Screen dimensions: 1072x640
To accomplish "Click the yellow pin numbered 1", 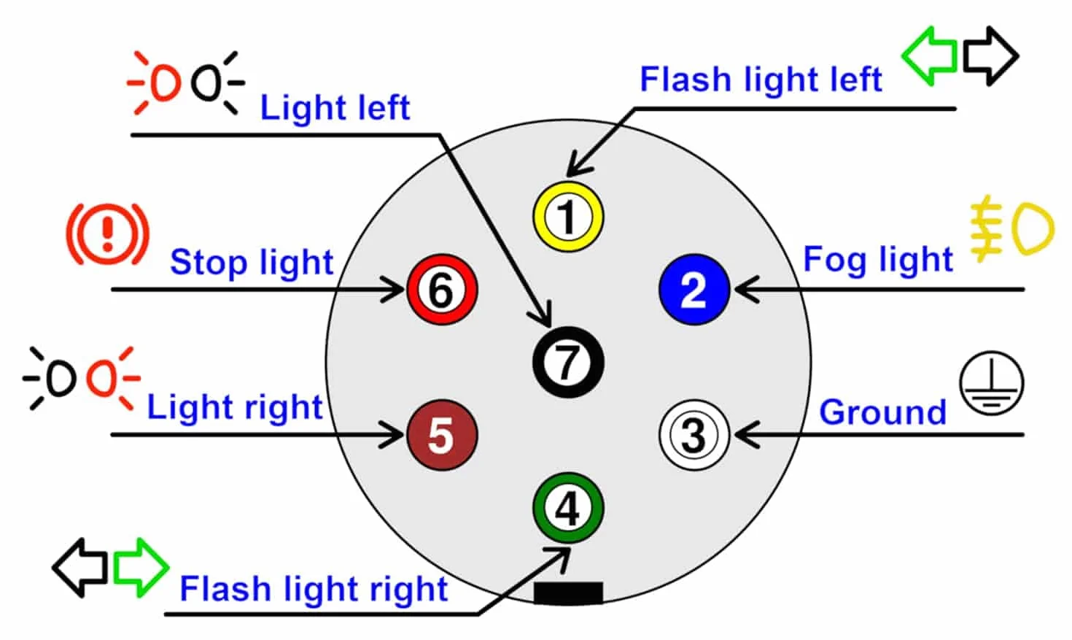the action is click(568, 217).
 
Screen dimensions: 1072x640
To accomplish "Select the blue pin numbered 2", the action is click(694, 290).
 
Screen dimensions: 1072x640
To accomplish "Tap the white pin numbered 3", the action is click(694, 435).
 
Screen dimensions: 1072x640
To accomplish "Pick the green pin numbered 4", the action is click(568, 508).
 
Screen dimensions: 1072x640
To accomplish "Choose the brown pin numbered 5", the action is click(442, 435).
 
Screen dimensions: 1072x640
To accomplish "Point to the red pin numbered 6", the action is click(442, 290).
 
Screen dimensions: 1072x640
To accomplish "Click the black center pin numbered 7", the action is click(568, 362).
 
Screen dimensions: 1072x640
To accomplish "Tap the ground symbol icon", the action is click(992, 383).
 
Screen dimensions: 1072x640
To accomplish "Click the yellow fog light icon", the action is click(1011, 229).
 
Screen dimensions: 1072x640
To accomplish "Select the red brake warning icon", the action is click(108, 234).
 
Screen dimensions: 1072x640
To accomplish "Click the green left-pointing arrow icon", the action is click(929, 56).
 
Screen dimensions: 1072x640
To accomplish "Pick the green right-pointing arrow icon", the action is click(141, 568).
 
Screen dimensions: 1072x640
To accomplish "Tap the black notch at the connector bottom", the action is click(568, 593).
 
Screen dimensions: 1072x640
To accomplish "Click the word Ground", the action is click(882, 412).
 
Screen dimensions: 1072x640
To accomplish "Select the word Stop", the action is click(207, 263).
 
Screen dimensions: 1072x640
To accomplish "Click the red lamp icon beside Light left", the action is click(154, 83).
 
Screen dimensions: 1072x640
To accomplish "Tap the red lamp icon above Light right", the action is click(114, 379).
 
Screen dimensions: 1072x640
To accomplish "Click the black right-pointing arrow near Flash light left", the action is click(990, 56).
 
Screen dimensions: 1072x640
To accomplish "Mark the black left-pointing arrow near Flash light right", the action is click(80, 568).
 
